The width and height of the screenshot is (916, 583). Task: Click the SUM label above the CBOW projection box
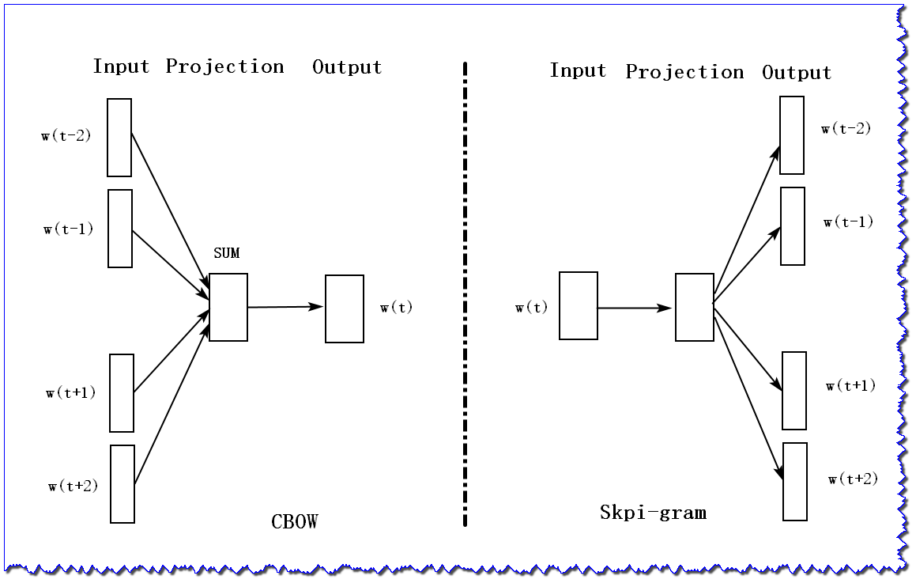click(226, 253)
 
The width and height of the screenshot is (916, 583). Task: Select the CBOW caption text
click(294, 522)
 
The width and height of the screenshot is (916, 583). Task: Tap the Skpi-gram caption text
click(653, 513)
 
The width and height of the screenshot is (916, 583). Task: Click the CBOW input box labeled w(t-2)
click(119, 138)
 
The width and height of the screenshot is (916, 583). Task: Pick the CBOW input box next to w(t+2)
click(123, 483)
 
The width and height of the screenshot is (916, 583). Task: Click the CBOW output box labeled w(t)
click(345, 309)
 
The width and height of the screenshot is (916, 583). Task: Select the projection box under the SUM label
click(228, 307)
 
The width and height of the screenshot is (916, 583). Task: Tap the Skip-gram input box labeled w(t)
click(579, 305)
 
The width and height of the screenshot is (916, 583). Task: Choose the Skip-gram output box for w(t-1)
click(793, 226)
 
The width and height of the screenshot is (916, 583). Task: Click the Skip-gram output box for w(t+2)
click(795, 481)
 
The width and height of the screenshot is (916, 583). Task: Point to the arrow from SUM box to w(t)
click(285, 307)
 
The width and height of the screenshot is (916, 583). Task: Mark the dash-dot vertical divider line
click(465, 293)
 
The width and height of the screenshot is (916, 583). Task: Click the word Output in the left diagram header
click(347, 67)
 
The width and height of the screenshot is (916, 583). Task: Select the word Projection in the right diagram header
click(684, 73)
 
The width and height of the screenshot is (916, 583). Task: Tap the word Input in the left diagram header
click(121, 66)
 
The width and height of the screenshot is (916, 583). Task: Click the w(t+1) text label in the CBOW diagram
click(70, 392)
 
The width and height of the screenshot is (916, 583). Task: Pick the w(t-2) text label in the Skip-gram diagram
click(846, 129)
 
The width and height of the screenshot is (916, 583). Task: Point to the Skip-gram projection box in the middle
click(695, 307)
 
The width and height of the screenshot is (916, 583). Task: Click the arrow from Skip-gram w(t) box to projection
click(635, 308)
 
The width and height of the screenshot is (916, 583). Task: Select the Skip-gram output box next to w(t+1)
click(794, 391)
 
